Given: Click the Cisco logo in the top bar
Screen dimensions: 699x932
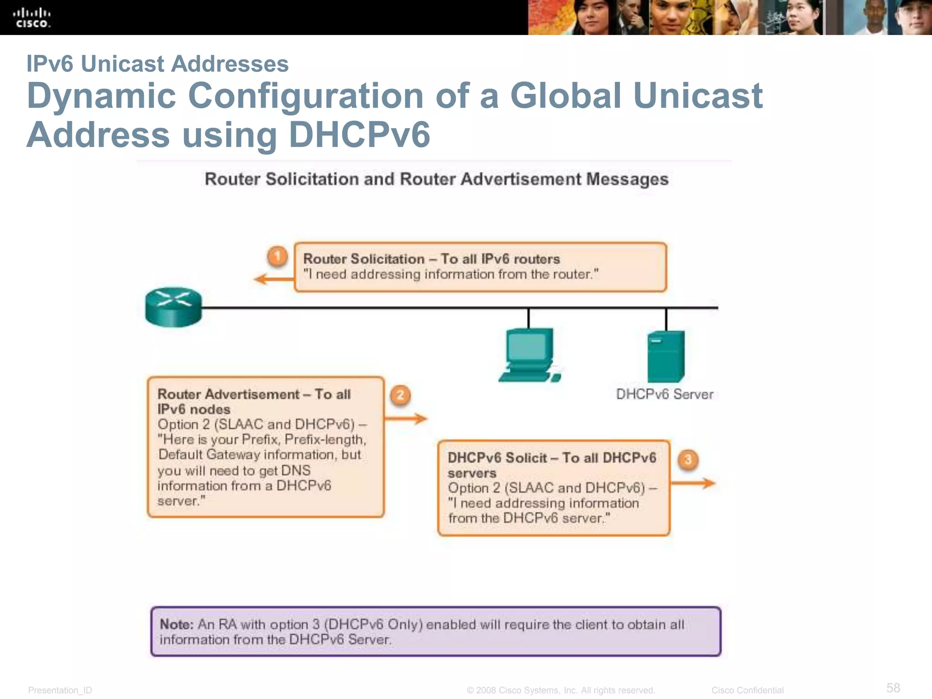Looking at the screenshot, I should click(31, 18).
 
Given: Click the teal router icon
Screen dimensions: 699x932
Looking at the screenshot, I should click(173, 307).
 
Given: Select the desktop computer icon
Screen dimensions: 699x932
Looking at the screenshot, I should click(530, 355).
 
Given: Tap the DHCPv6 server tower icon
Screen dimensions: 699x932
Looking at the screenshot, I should click(666, 356).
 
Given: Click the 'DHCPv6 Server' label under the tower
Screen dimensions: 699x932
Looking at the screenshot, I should click(664, 394).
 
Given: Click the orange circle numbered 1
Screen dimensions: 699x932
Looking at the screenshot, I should click(277, 256).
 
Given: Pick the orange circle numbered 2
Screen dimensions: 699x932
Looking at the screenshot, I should click(400, 395).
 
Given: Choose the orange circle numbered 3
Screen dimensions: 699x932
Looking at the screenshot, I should click(688, 460).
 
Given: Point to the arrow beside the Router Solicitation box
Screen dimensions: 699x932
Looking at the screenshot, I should click(274, 279).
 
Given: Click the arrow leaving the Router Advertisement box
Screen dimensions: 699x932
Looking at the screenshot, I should click(406, 419).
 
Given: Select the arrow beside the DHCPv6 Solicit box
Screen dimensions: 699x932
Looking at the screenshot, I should click(693, 483).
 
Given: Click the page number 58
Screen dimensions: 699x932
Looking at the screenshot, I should click(893, 688).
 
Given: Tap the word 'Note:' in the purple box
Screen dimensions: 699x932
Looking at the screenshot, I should click(177, 624).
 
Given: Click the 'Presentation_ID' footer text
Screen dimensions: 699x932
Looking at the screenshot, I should click(60, 690).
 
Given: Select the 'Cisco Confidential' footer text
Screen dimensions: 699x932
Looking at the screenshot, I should click(747, 690).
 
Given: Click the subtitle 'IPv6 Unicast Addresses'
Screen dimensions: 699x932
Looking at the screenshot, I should click(157, 64).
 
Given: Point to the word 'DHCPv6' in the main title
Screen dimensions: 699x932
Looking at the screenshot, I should click(359, 135).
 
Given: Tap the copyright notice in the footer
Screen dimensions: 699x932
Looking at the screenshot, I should click(561, 690).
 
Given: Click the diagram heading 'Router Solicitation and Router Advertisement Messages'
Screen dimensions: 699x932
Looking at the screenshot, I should click(436, 179).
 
